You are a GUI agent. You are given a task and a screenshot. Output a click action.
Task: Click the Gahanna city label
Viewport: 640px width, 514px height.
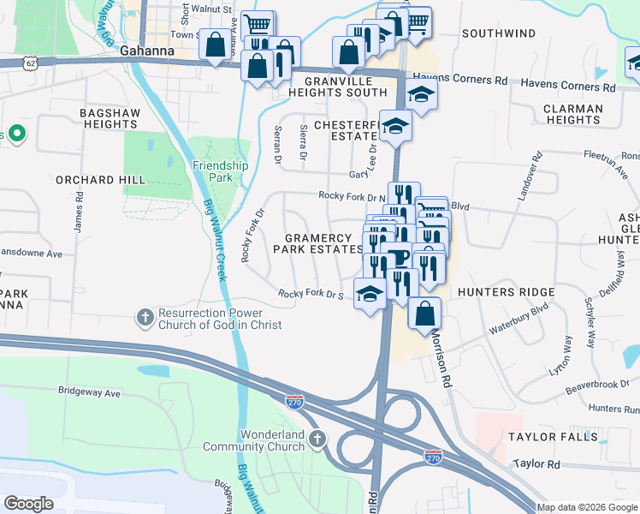coord(147,51)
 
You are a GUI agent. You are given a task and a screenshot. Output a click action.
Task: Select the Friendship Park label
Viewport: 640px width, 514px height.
coord(220,171)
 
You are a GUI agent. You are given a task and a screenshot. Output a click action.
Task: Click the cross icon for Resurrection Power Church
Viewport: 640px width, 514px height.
coord(145,318)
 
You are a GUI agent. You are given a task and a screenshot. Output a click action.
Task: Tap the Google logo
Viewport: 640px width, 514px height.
coord(28,504)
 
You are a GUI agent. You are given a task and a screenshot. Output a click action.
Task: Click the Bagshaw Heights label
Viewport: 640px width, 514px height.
coord(109,118)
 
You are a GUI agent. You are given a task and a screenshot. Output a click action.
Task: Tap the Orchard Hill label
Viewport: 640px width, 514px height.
coord(97,180)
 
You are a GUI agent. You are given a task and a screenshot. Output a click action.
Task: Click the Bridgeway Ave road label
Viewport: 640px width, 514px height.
coord(90,391)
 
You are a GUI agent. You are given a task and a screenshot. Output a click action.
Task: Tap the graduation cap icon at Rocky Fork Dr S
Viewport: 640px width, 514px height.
coord(370,294)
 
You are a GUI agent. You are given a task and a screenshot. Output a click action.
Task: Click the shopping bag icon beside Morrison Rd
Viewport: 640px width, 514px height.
coord(424,314)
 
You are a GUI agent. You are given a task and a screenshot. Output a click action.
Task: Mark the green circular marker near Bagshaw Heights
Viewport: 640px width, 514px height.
coord(16,134)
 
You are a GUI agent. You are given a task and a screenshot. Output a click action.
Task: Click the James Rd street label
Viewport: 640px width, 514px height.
coord(78,209)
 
